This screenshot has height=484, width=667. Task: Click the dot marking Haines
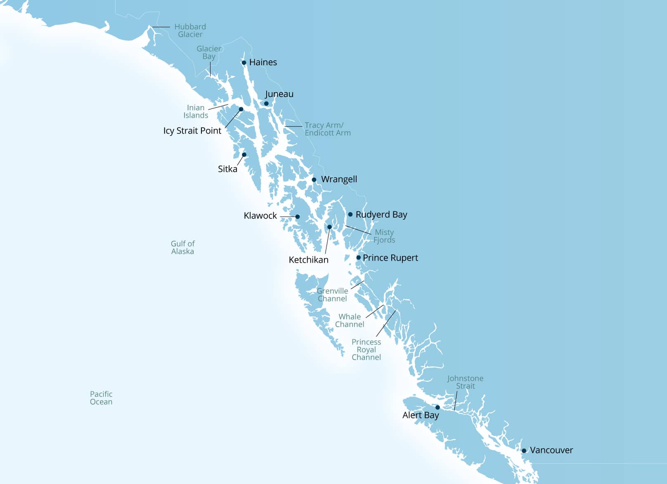(x=244, y=63)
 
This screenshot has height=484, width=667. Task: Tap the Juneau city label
(x=279, y=94)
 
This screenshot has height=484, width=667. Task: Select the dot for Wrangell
(x=314, y=180)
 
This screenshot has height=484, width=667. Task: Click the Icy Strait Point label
(x=192, y=131)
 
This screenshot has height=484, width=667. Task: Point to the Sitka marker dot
(x=244, y=155)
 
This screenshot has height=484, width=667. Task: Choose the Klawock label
(x=260, y=216)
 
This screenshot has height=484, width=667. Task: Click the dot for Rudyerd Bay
(x=350, y=214)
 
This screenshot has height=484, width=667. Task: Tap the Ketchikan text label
(x=308, y=260)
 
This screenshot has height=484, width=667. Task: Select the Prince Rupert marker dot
(x=359, y=258)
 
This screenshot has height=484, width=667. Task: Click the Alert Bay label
(x=421, y=415)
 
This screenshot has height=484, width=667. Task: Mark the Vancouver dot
(x=524, y=451)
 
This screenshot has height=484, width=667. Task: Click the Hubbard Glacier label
(x=190, y=31)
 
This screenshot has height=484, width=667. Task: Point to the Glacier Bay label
(x=209, y=52)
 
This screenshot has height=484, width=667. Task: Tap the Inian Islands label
(x=196, y=112)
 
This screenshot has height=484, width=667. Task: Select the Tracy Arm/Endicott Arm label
(x=328, y=129)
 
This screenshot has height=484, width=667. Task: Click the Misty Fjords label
(x=384, y=236)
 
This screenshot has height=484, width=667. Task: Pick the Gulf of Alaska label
(x=182, y=247)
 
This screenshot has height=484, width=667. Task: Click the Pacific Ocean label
(x=101, y=398)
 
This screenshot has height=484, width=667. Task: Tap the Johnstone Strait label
(x=465, y=382)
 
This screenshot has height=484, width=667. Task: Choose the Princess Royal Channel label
(x=366, y=350)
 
